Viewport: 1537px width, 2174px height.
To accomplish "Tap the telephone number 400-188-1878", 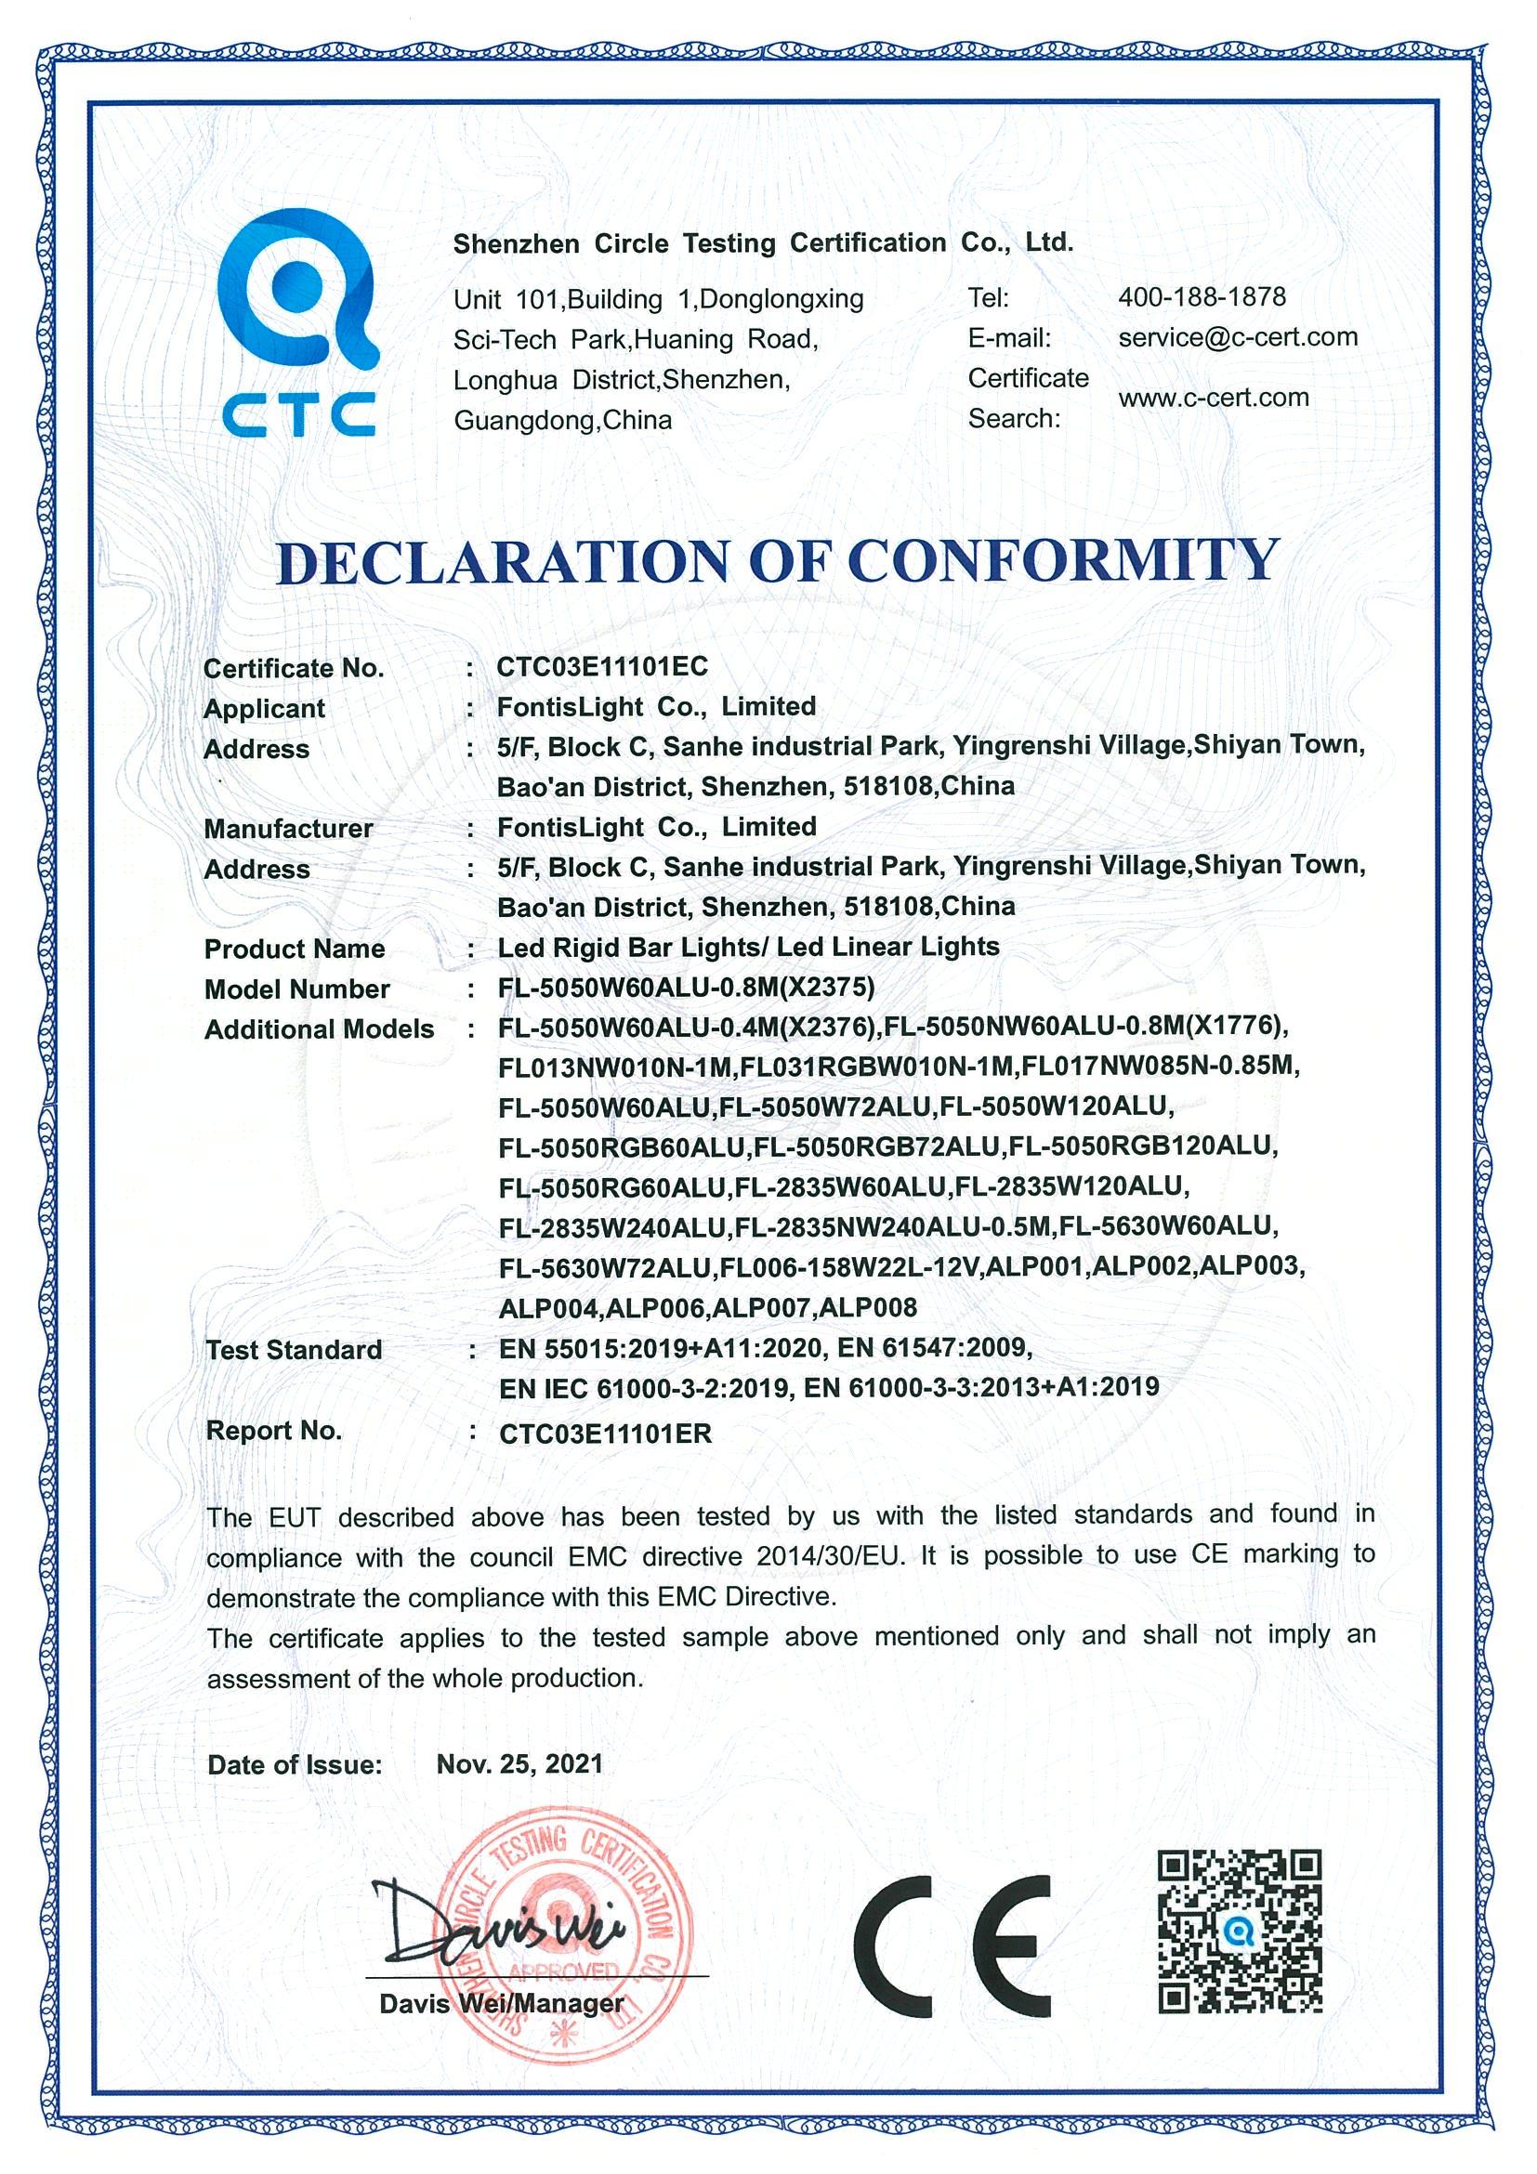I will (1202, 297).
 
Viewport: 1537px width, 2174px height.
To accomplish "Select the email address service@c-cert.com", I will (1238, 337).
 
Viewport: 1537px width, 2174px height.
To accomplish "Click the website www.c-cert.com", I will (1213, 398).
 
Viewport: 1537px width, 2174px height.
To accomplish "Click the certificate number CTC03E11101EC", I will (602, 666).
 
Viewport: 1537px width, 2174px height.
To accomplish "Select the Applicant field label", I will (264, 708).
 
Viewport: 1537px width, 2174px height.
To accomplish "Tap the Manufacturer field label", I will (288, 829).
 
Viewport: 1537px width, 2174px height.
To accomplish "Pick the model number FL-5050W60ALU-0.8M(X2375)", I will (686, 988).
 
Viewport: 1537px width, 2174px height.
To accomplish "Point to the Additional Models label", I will (319, 1029).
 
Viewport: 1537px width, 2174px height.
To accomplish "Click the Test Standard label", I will (294, 1350).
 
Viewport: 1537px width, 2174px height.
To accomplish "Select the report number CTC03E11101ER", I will (605, 1433).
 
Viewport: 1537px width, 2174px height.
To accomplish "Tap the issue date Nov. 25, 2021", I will (519, 1763).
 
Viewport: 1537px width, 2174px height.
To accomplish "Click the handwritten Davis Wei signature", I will (493, 1922).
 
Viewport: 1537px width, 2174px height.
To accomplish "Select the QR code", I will (1240, 1932).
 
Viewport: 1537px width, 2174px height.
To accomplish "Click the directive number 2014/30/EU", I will (831, 1555).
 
